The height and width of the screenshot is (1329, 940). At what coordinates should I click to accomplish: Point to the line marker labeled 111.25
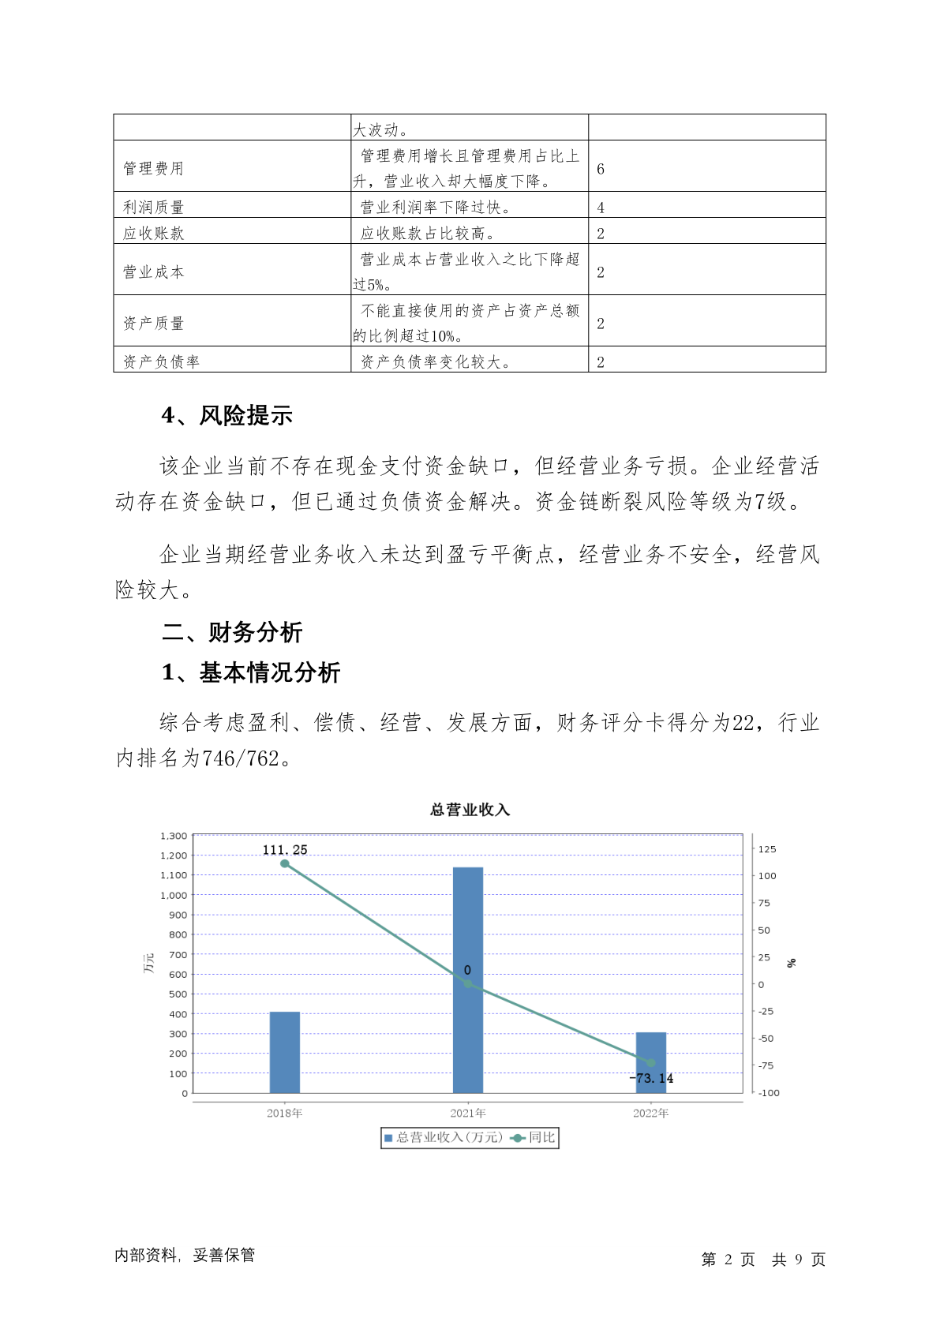[285, 863]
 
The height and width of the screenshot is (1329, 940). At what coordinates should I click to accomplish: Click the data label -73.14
[652, 1078]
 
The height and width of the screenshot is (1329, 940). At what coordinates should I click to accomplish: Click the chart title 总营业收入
[470, 810]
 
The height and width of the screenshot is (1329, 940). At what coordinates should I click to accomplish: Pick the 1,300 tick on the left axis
[174, 836]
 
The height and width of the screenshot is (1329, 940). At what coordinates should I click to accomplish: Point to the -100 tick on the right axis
[768, 1093]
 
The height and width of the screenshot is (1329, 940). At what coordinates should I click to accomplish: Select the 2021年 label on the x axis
[467, 1114]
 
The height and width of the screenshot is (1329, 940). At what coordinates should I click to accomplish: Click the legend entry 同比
[534, 1137]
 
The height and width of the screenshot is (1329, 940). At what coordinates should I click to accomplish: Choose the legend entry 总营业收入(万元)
[444, 1137]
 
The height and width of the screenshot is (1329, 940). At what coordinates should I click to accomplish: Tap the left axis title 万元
[149, 963]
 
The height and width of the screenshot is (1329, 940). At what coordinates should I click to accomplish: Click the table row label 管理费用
[153, 168]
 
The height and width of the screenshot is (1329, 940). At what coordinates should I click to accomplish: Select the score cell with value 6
[601, 169]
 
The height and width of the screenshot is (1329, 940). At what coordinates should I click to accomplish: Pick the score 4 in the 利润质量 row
[601, 208]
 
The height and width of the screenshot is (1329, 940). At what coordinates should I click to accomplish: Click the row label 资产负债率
[161, 361]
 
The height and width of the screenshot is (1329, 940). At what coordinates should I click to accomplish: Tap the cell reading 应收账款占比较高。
[427, 233]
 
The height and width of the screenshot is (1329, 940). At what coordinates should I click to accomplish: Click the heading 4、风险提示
[227, 416]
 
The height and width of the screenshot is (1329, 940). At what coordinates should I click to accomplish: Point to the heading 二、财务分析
[232, 632]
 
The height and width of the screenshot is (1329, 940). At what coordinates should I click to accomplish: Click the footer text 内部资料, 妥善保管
[185, 1255]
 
